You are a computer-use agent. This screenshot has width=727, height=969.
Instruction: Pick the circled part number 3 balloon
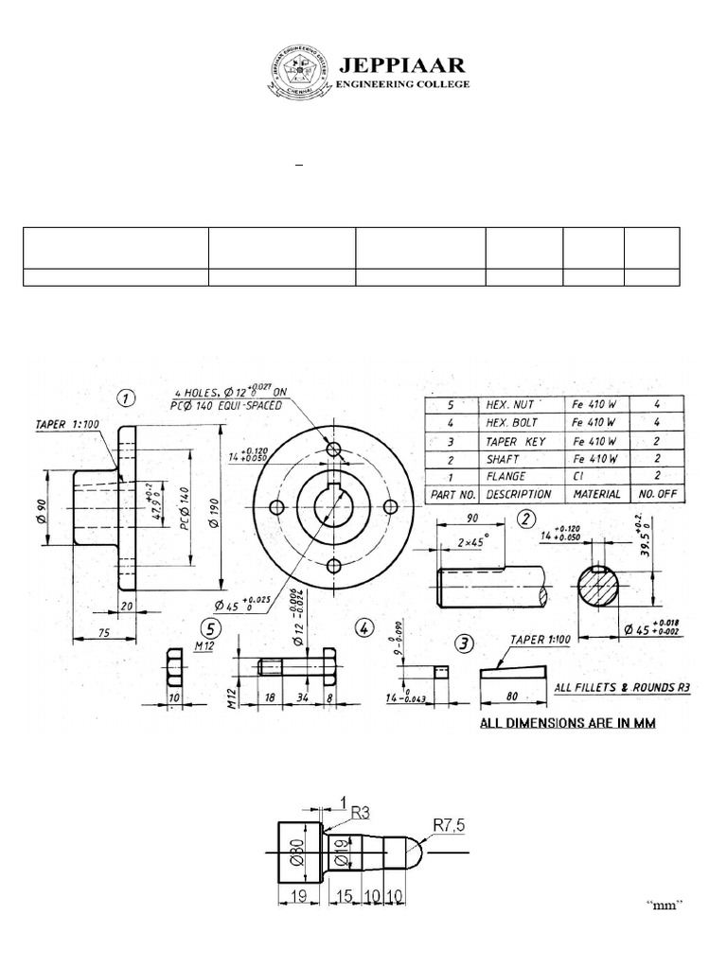(x=464, y=643)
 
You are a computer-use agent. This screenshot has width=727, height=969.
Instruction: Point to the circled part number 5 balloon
(x=211, y=628)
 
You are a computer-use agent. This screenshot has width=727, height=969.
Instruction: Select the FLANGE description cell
(x=506, y=476)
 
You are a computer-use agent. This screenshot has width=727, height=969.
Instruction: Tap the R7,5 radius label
(x=452, y=824)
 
